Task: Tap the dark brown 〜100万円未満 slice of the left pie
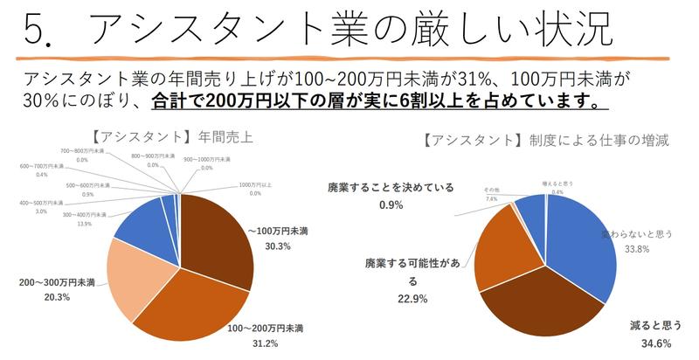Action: tap(218, 236)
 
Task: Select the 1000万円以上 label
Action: tap(255, 184)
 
